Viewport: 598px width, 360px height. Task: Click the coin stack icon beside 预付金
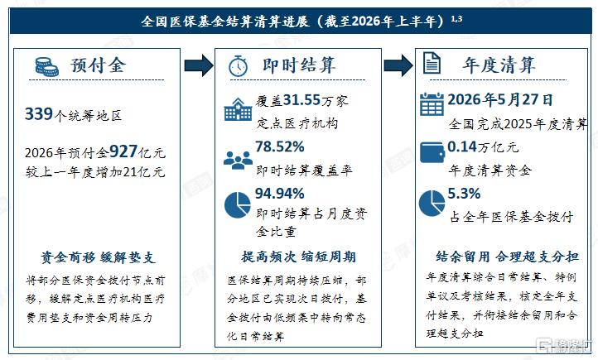[x=46, y=67]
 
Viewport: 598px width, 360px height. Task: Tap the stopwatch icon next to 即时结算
[x=238, y=65]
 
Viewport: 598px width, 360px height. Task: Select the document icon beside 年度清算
[x=432, y=63]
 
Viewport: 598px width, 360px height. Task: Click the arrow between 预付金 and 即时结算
[x=198, y=65]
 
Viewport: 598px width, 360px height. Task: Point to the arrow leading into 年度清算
[x=398, y=65]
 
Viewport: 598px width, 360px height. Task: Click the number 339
[x=39, y=114]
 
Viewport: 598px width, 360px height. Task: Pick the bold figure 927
[x=123, y=151]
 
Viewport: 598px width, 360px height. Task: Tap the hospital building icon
[x=238, y=109]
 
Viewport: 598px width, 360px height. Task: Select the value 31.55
[x=301, y=100]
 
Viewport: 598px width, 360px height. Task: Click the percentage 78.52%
[x=280, y=146]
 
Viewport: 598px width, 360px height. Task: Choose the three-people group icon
[x=238, y=160]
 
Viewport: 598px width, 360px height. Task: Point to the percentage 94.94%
[x=280, y=194]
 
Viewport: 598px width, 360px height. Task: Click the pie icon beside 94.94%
[x=238, y=205]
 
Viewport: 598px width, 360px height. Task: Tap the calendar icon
[x=432, y=103]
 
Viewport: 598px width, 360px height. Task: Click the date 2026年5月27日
[x=500, y=100]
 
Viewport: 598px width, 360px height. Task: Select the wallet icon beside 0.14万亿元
[x=432, y=152]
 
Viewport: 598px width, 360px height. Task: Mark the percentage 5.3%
[x=464, y=194]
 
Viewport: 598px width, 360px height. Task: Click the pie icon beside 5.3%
[x=432, y=203]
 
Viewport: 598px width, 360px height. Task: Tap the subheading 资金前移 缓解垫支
[x=98, y=257]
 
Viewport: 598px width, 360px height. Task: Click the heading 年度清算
[x=499, y=65]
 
